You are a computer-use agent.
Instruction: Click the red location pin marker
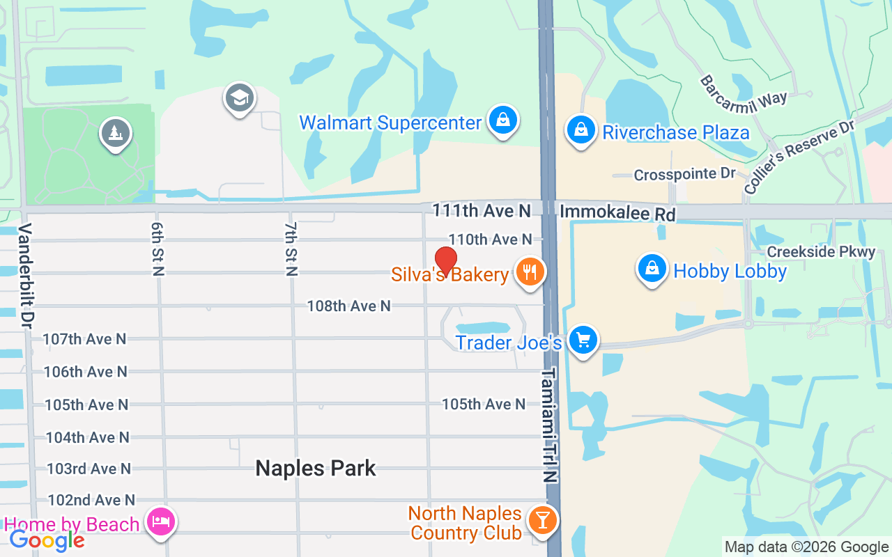point(445,260)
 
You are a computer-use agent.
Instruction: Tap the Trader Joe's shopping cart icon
point(583,340)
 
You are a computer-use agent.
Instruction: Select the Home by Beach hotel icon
point(161,521)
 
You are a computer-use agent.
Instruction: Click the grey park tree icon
point(116,132)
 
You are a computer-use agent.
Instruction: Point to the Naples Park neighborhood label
point(316,468)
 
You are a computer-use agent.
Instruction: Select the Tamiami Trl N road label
point(550,425)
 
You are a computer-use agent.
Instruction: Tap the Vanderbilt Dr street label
point(26,276)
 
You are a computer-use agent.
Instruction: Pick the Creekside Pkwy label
point(821,251)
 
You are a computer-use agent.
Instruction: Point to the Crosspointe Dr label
point(684,174)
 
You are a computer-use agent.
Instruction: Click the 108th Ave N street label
point(349,306)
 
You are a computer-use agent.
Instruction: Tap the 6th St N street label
point(157,249)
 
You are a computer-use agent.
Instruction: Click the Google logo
point(47,540)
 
